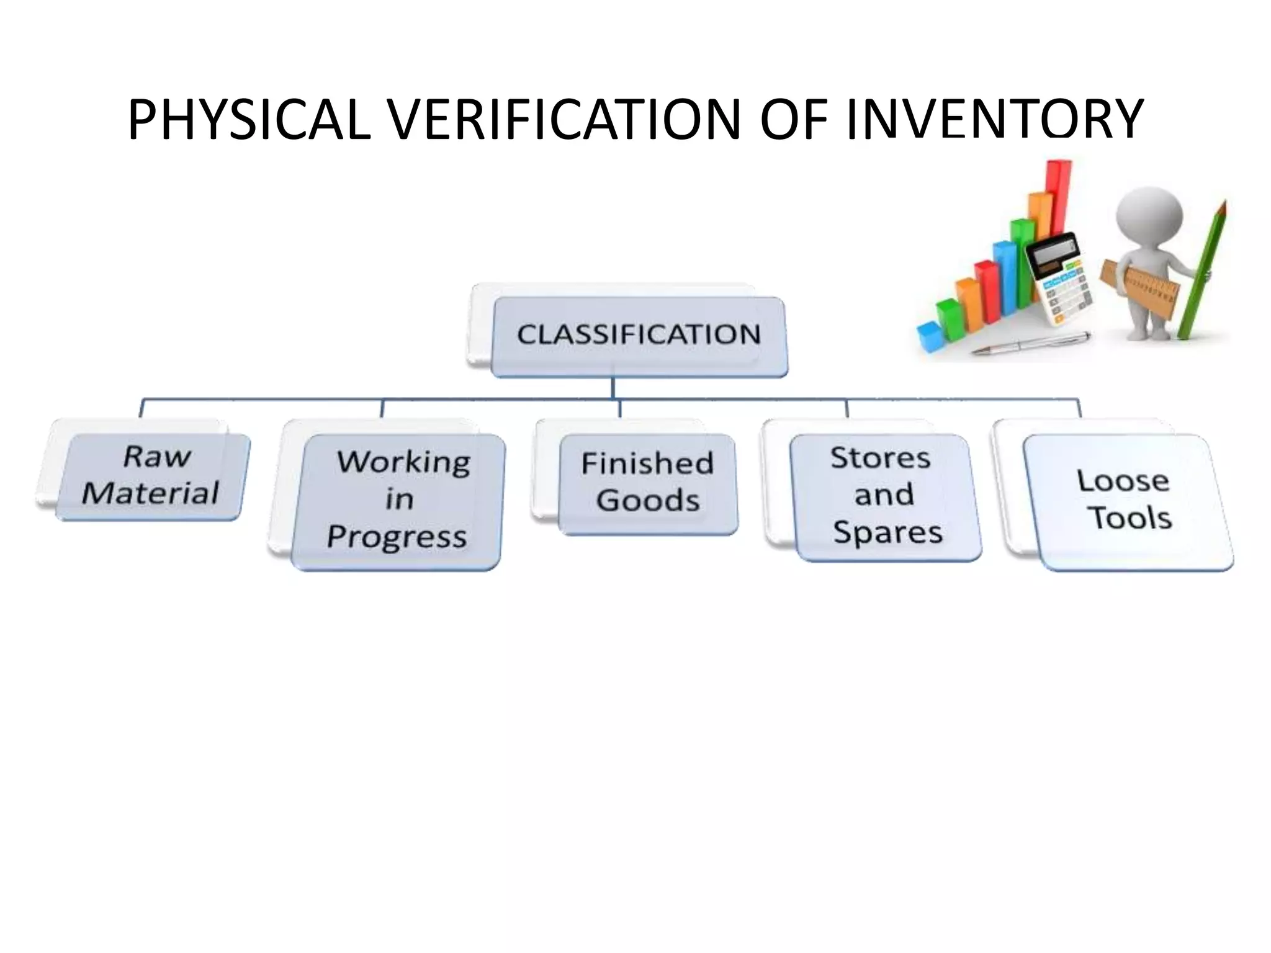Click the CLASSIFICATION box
click(639, 336)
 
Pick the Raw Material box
click(151, 476)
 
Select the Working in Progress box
click(398, 500)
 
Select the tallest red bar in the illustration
click(1059, 186)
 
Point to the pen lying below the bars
click(1030, 343)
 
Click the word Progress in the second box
click(397, 537)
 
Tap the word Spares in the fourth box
click(887, 533)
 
